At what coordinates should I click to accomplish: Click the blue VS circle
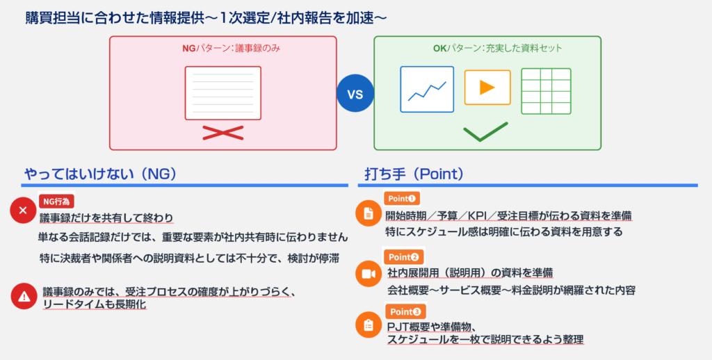[355, 94]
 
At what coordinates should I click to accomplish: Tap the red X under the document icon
[223, 133]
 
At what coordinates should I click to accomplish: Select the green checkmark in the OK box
[485, 131]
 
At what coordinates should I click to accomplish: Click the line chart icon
[427, 90]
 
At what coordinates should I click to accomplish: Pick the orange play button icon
[487, 88]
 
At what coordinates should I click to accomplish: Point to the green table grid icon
[546, 91]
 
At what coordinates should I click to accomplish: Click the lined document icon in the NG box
[223, 93]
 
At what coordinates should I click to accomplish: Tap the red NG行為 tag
[56, 202]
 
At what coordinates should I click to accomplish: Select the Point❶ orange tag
[402, 198]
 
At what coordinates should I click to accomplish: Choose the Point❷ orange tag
[404, 257]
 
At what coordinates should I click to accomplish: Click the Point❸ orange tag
[405, 312]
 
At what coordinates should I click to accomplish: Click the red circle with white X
[23, 210]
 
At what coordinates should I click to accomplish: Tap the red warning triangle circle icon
[24, 297]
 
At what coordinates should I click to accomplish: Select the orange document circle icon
[369, 213]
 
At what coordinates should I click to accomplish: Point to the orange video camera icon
[369, 274]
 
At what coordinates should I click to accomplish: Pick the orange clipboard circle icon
[369, 325]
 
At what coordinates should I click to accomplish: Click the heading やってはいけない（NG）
[100, 174]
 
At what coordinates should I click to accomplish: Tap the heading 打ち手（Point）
[414, 174]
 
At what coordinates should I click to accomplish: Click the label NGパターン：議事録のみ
[231, 48]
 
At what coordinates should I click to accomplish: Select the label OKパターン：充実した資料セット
[497, 48]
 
